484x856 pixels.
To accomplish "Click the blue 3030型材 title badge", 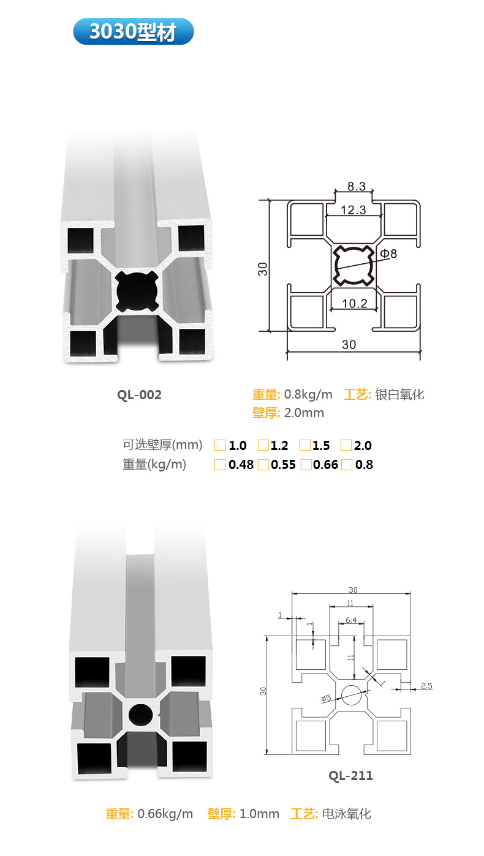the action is point(133,31).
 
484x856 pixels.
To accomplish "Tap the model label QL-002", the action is point(139,395).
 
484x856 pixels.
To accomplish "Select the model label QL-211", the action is point(350,776).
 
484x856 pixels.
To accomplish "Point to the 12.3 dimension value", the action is point(353,210).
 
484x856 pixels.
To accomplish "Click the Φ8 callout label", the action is point(388,253).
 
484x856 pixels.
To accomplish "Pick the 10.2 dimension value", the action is point(355,302).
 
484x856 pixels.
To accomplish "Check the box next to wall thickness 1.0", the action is point(220,445).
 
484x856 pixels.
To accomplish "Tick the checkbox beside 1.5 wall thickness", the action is point(304,445).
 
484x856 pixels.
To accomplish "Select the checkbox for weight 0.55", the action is point(263,465).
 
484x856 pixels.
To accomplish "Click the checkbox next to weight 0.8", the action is point(347,465).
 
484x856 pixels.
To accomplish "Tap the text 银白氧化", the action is point(399,395).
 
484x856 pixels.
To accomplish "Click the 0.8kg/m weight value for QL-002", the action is point(308,395).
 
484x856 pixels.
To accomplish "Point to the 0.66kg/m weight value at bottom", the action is point(165,814).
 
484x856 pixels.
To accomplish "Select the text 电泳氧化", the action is point(347,814).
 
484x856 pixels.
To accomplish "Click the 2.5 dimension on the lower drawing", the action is point(426,686).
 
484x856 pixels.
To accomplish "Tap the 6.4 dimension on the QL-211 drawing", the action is point(351,620).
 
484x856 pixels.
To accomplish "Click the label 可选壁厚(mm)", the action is point(162,445).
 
